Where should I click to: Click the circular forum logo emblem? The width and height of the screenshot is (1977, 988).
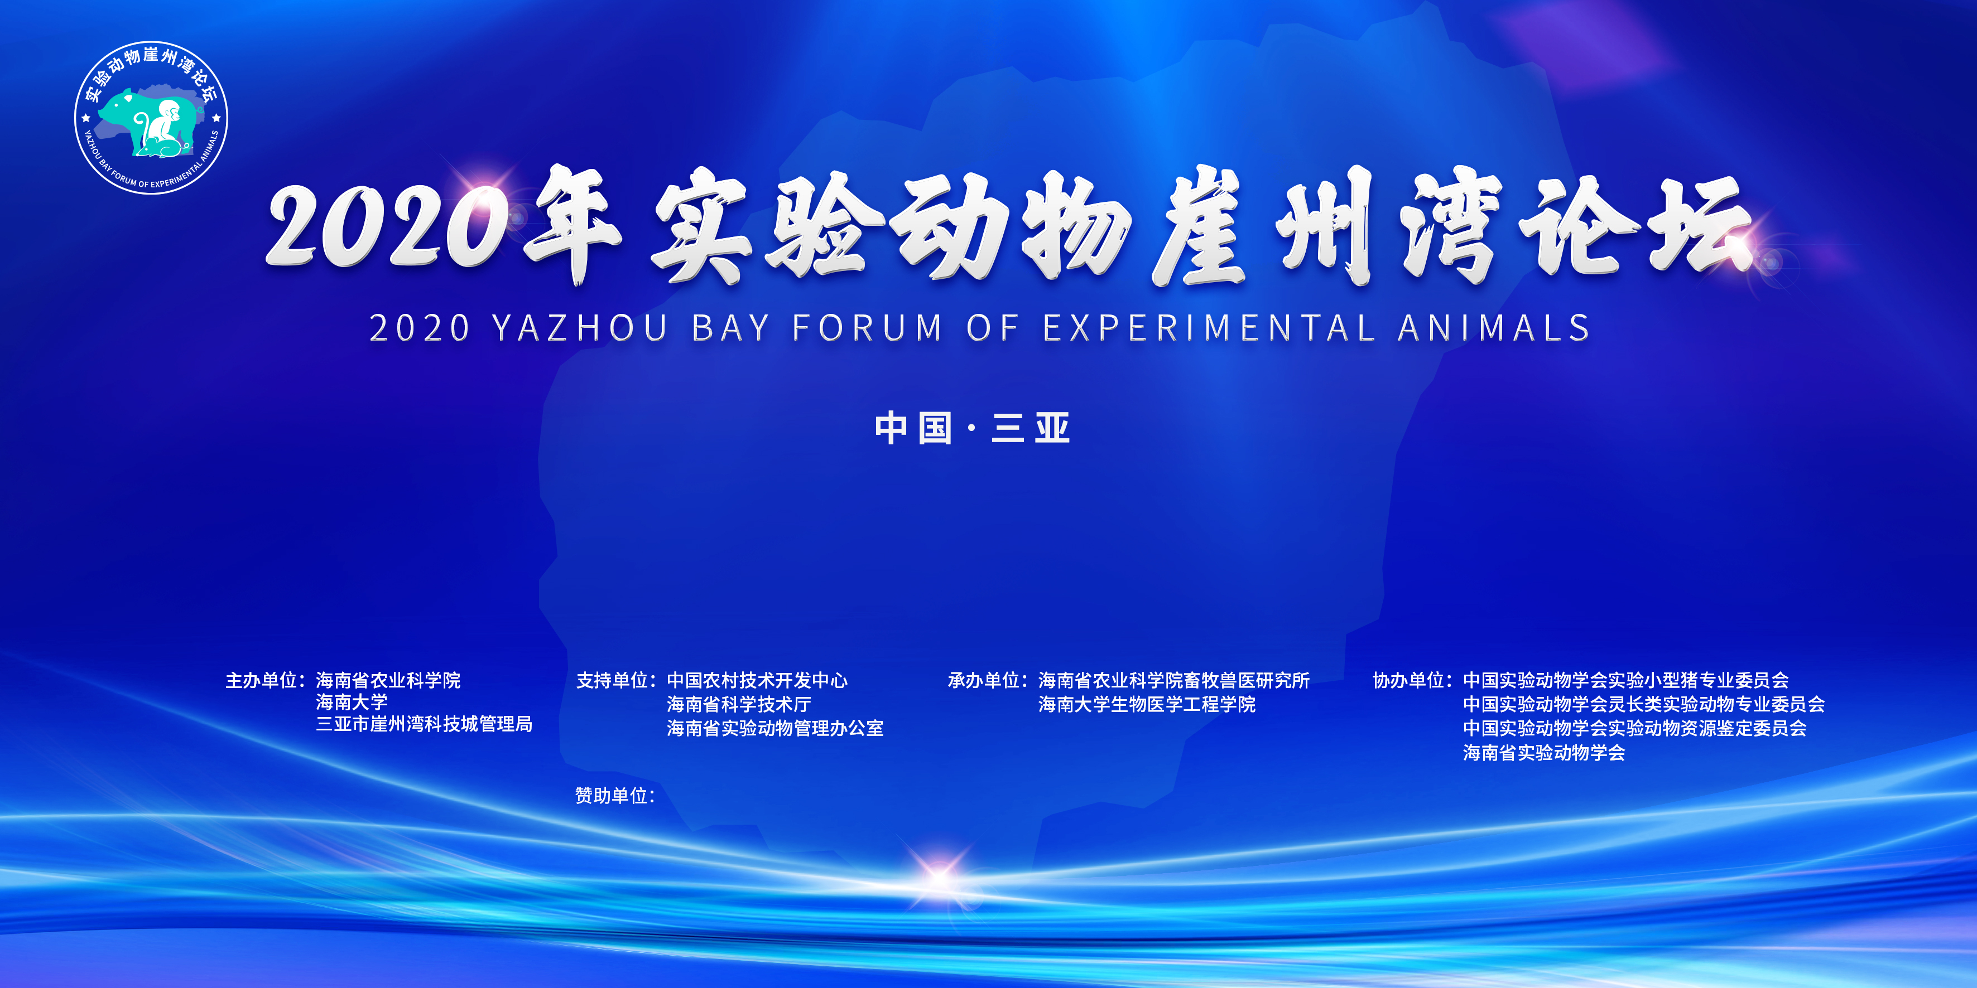click(151, 117)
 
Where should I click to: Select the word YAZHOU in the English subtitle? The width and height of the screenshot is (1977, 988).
click(580, 328)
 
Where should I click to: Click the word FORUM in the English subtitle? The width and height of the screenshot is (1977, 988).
click(867, 328)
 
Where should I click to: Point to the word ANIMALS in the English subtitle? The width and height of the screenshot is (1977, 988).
click(1494, 328)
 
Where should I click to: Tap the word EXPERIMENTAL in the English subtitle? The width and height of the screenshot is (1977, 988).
click(1208, 328)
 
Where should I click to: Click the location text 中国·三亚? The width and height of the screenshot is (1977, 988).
click(973, 428)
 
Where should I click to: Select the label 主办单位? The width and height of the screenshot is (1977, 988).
click(262, 680)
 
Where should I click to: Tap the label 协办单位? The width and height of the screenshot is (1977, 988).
click(1409, 680)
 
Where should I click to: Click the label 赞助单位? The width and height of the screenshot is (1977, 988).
click(612, 796)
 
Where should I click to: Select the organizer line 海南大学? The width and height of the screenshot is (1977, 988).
click(352, 702)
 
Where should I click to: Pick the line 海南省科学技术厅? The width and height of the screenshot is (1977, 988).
click(738, 704)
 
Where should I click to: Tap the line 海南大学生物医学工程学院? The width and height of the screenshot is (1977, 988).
click(1147, 704)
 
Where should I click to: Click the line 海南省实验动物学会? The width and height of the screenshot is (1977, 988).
click(1543, 753)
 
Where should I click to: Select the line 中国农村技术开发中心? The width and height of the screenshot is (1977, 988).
click(757, 680)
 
